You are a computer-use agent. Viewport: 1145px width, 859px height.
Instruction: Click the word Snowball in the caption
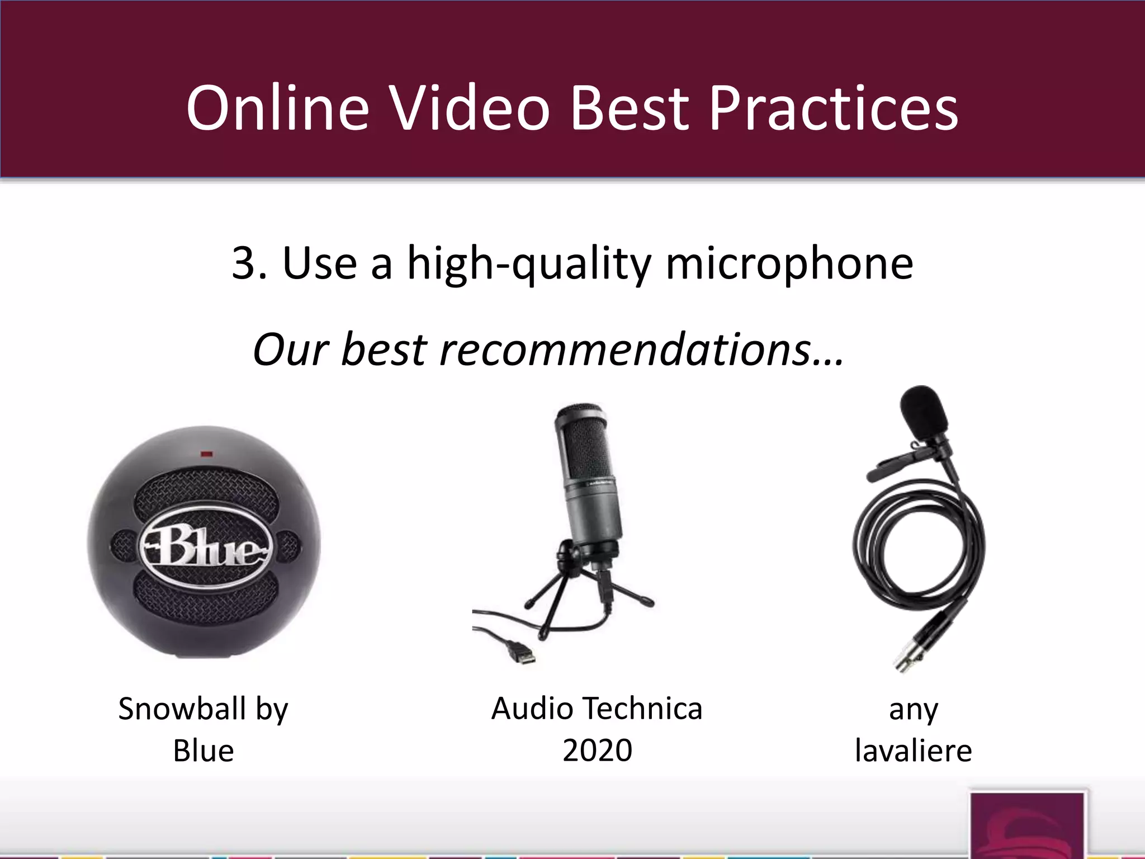tap(182, 709)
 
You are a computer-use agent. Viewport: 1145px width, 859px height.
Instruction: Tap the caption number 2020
tap(597, 751)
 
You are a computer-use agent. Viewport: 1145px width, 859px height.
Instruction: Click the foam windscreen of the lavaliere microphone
tap(923, 413)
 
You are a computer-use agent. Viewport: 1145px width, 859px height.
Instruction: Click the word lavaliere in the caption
tap(913, 751)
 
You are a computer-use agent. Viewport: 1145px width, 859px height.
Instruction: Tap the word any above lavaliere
tap(913, 710)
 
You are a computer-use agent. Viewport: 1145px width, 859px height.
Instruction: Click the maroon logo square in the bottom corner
tap(1028, 824)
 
